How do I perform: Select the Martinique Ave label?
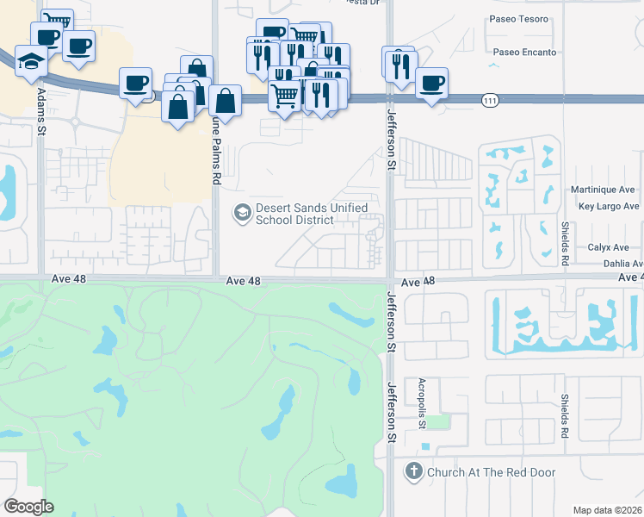click(603, 190)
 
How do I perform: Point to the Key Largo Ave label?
click(609, 207)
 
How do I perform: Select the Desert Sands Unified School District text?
click(312, 214)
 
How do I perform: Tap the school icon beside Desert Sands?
click(242, 212)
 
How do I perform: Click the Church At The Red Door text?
click(492, 472)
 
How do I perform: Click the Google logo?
click(29, 507)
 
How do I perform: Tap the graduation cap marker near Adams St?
click(31, 61)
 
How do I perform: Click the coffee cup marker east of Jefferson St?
click(432, 84)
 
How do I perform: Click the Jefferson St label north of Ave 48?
click(391, 138)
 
